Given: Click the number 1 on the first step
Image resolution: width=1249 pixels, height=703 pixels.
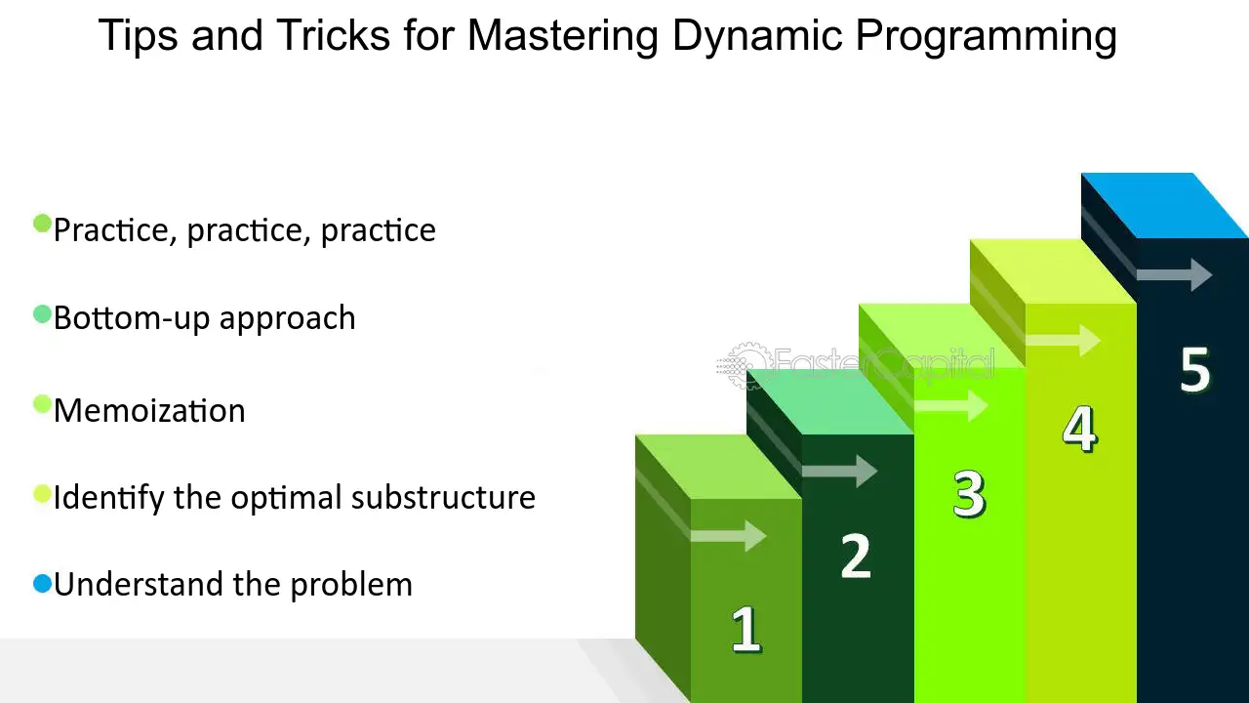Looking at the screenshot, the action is [x=746, y=629].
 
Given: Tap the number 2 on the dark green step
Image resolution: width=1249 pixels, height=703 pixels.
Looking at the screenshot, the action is [x=856, y=556].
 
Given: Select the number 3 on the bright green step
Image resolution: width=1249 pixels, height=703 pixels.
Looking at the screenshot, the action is [x=969, y=493].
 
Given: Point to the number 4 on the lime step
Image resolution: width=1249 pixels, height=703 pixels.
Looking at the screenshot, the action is [x=1080, y=429].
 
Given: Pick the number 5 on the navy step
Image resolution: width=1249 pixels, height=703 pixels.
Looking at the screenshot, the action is [x=1195, y=369].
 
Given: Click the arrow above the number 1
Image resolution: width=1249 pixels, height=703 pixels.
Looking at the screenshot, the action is [x=728, y=536].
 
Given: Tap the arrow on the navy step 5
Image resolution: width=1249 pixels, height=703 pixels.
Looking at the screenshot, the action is [x=1174, y=274].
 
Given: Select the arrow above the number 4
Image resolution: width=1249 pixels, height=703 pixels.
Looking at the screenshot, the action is [x=1063, y=340].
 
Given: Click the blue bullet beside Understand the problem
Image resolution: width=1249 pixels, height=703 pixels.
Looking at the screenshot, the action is [x=42, y=584].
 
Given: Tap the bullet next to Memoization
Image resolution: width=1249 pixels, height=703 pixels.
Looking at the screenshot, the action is [x=42, y=404].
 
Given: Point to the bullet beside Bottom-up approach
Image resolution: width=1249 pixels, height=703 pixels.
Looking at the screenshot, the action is [x=42, y=314].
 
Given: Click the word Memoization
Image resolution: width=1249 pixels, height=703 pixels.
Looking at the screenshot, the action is [x=149, y=411].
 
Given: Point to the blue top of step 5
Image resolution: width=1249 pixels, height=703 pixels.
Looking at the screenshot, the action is [x=1164, y=205].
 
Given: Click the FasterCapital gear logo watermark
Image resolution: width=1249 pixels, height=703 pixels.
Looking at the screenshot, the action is [x=742, y=365].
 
